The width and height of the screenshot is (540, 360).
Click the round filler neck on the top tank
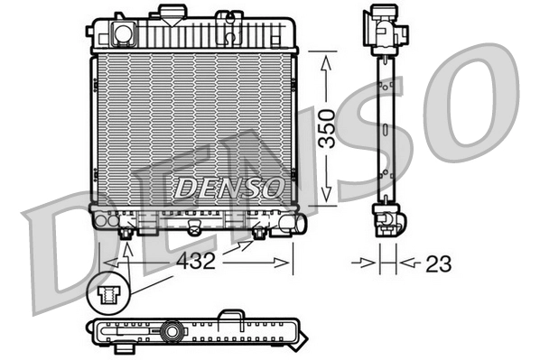pos(121,33)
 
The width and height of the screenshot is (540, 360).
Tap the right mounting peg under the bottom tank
pos(259,233)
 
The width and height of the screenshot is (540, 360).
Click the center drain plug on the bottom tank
pos(192,228)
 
